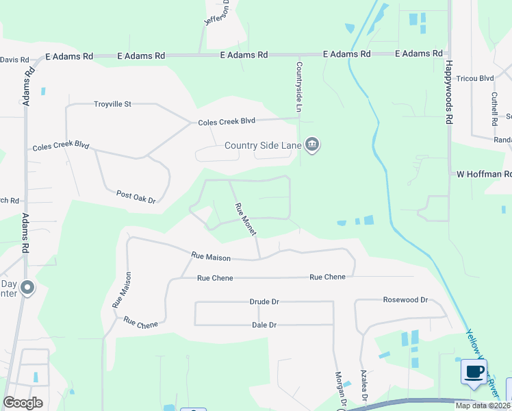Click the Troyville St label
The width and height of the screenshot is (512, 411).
(112, 104)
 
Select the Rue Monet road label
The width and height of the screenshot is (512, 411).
(245, 220)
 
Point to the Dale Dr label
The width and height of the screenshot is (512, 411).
(264, 325)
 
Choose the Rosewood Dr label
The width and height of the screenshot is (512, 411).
(405, 300)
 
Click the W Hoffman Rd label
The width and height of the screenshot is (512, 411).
(484, 174)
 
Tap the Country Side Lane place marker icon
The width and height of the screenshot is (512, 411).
(313, 145)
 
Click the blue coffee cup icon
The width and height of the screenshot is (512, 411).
(474, 372)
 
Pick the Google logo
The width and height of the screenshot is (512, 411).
(23, 403)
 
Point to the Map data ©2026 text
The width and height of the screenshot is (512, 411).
(483, 406)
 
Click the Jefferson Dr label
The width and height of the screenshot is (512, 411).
(220, 12)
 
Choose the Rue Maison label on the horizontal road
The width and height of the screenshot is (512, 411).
(211, 256)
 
